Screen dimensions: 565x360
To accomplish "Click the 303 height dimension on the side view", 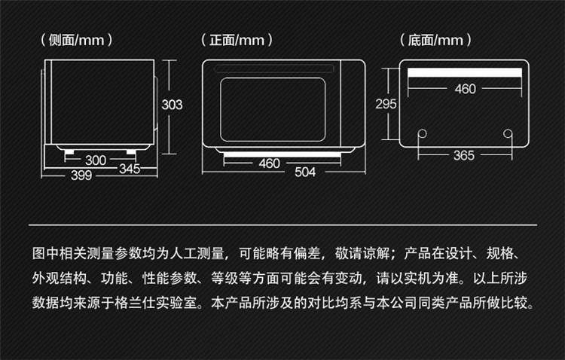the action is tap(172, 105).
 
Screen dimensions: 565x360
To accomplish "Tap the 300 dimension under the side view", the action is tap(96, 160).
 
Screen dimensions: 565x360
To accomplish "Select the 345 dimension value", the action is tap(130, 169).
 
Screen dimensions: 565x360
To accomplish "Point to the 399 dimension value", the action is tap(81, 175).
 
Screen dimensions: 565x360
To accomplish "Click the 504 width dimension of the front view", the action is tap(305, 172).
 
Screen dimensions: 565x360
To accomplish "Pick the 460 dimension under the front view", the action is tap(269, 163).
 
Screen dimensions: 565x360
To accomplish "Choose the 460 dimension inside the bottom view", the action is tap(466, 89).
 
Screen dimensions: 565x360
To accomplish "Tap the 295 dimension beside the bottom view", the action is tap(386, 104).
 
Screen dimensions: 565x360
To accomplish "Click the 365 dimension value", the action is tap(464, 156).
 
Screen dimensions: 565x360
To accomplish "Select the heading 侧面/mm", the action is tap(76, 40).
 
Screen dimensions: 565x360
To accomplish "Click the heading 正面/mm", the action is tap(237, 40).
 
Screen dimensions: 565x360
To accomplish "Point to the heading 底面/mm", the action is tap(435, 40).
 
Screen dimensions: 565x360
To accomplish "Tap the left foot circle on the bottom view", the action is tap(423, 134).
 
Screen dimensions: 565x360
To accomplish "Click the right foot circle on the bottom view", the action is tap(508, 134).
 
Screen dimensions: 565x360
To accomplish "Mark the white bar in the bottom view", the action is tap(465, 72).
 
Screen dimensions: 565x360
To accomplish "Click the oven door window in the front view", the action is tap(273, 109).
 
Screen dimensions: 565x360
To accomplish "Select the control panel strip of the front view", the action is tap(353, 103).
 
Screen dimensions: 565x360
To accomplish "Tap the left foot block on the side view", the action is tap(69, 151).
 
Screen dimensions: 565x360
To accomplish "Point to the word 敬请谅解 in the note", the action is tap(362, 253).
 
